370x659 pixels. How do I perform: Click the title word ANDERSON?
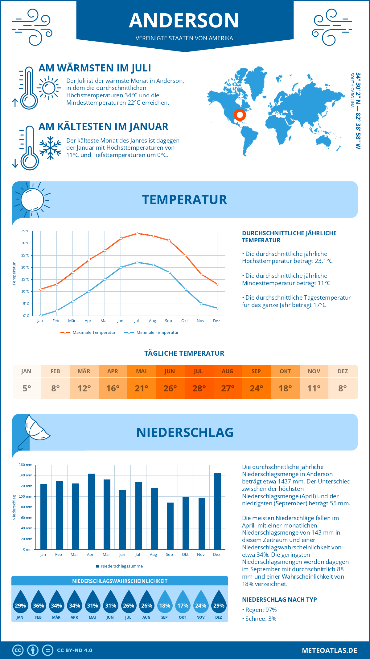click(184, 21)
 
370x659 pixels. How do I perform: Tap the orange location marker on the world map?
click(240, 115)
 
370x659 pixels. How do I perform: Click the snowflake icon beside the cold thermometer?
click(50, 148)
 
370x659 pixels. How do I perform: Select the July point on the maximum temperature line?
click(137, 233)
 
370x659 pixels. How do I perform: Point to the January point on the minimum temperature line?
click(41, 316)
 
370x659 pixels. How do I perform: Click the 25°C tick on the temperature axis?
click(25, 255)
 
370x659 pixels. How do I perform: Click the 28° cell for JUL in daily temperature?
click(199, 388)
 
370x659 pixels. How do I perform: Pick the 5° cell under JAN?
click(27, 388)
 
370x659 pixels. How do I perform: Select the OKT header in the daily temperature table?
click(285, 371)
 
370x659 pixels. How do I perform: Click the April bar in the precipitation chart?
click(91, 511)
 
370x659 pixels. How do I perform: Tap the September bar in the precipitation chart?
click(170, 526)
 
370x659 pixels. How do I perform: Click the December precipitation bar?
click(218, 511)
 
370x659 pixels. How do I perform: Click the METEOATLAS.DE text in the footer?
click(329, 650)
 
